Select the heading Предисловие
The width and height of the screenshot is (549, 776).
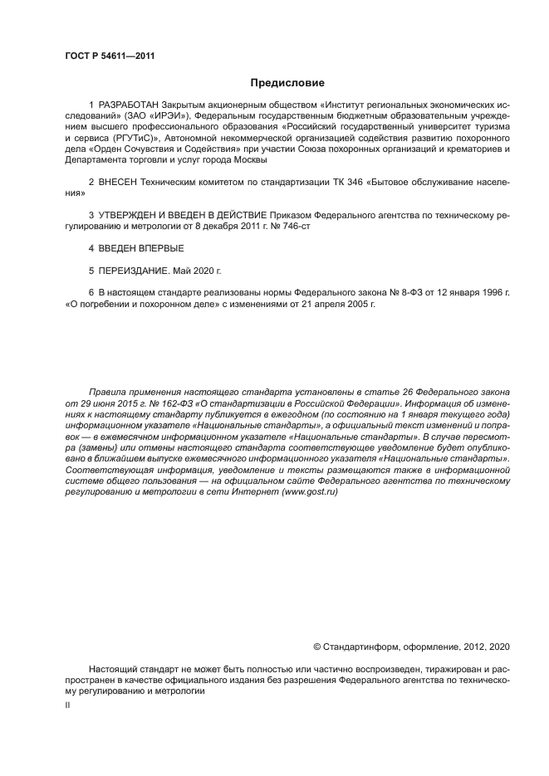[x=287, y=82]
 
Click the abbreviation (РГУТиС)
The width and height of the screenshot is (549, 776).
[x=128, y=138]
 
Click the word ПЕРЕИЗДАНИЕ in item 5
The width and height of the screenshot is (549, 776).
[x=135, y=271]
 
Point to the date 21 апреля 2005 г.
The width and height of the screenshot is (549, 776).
[x=337, y=305]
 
